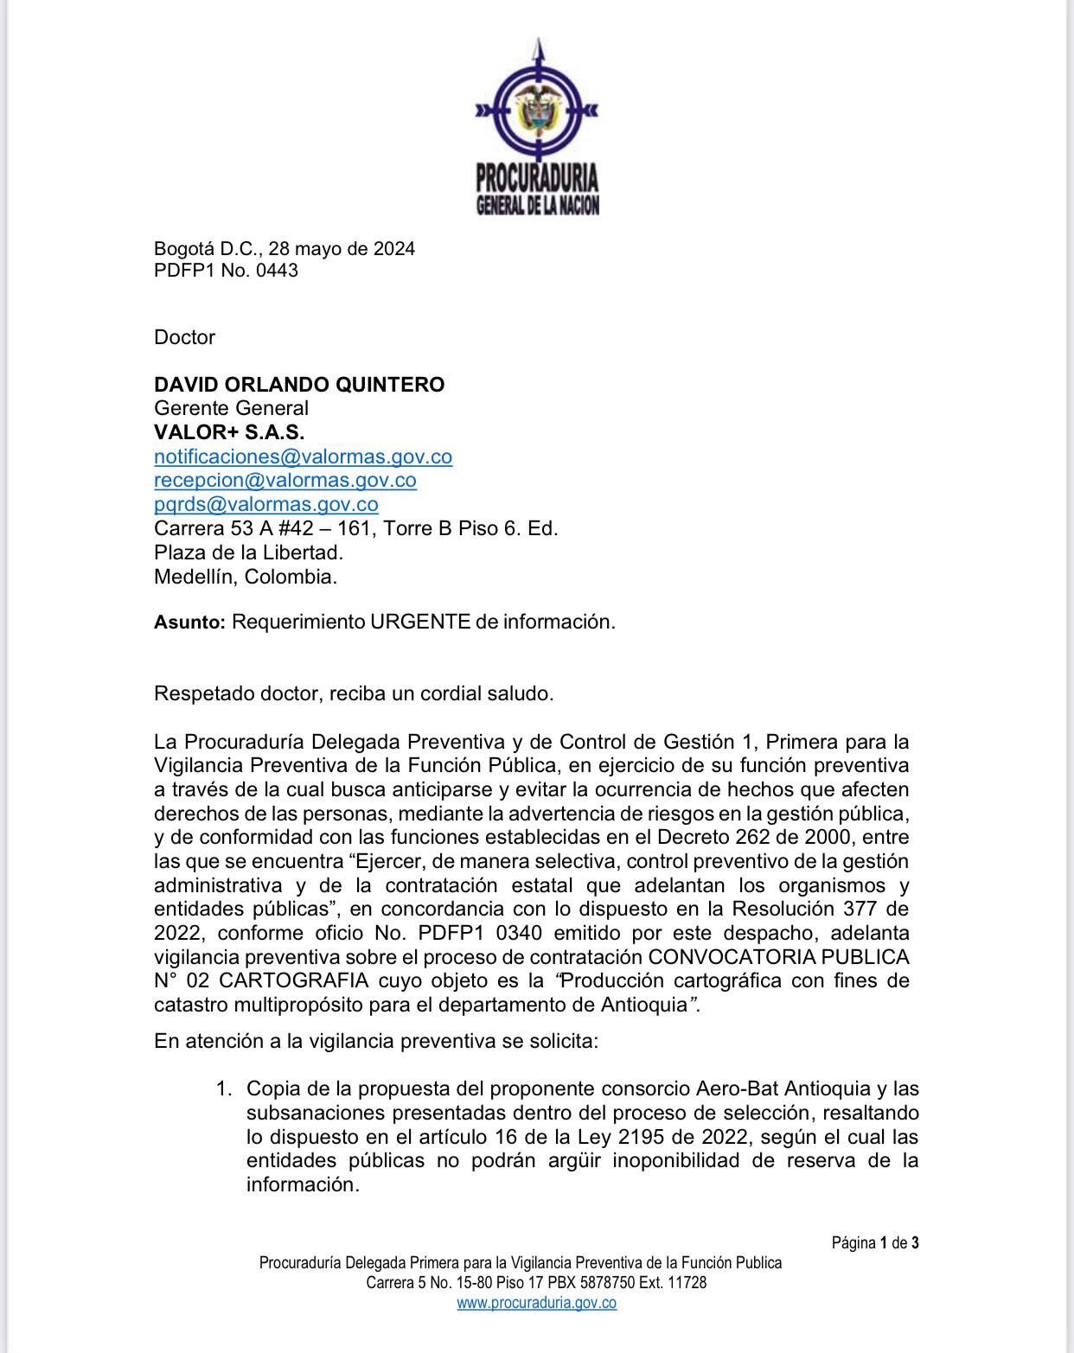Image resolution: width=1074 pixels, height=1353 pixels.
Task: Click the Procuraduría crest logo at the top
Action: point(536,125)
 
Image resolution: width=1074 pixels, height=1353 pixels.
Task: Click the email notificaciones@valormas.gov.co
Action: point(303,456)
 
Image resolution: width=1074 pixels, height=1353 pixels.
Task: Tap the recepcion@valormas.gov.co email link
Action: point(285,480)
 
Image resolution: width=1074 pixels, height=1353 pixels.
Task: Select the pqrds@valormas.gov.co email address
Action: point(265,504)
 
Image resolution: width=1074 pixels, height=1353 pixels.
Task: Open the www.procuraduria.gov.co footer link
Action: point(536,1303)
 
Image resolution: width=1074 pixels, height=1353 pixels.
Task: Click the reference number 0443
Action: point(277,271)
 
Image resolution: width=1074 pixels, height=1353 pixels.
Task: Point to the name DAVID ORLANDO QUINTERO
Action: point(299,385)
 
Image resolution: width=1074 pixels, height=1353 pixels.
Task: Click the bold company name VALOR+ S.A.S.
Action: point(229,432)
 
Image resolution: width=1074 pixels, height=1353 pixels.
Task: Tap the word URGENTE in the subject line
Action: point(420,622)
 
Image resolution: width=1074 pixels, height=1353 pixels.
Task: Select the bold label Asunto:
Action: point(189,622)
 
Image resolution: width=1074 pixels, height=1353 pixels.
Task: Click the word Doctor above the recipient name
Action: point(184,337)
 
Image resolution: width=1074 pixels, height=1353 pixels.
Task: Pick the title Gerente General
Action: point(231,408)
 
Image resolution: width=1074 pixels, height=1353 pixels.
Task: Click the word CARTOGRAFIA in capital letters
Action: point(294,981)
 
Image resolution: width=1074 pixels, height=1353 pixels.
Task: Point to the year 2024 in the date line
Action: point(393,249)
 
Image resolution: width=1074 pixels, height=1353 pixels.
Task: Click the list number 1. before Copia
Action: point(224,1088)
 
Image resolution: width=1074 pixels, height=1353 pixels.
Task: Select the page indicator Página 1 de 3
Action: point(875,1243)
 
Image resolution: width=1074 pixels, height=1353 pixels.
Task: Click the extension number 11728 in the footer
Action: point(687,1283)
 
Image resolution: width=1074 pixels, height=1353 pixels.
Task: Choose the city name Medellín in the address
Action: point(195,577)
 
